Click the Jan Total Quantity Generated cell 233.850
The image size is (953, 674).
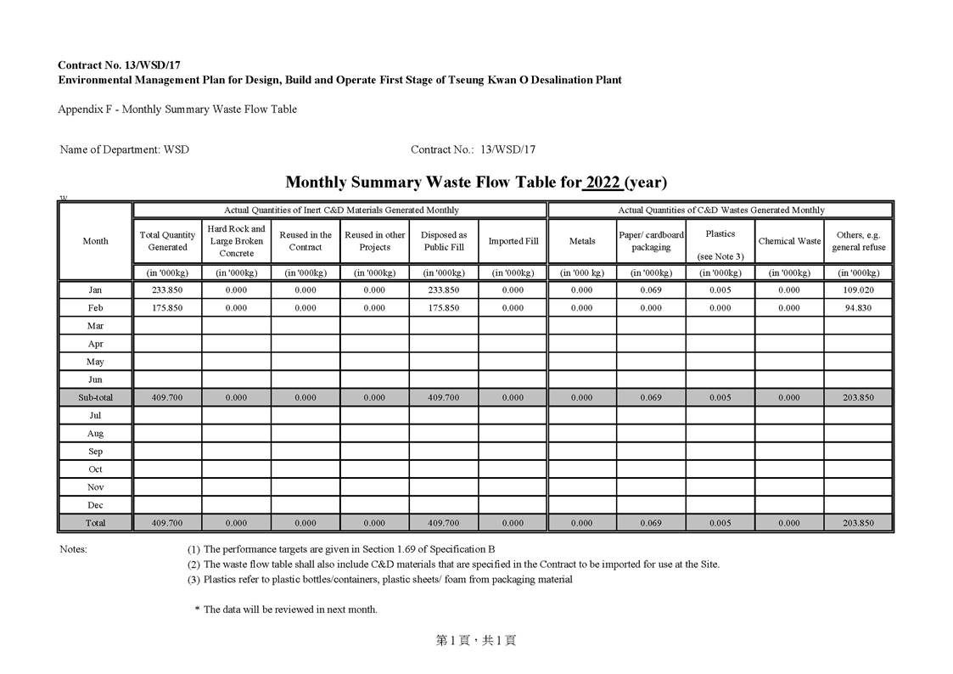pos(167,290)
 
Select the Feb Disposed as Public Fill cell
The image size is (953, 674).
pos(443,308)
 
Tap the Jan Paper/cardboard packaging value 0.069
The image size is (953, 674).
pos(651,290)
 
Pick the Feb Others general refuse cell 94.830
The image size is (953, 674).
pos(858,308)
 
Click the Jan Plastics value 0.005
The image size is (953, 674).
pos(720,290)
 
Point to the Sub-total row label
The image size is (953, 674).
pos(95,397)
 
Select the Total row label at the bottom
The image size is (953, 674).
pos(95,523)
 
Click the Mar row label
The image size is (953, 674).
pos(95,326)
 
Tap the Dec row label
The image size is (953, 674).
pos(95,505)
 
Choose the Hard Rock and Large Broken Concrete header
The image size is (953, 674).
pos(236,241)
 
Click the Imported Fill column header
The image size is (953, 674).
pos(513,241)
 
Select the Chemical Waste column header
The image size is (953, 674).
pos(789,241)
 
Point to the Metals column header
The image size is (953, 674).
pos(581,241)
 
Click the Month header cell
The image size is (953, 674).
pos(95,241)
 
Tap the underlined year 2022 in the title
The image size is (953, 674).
pos(603,183)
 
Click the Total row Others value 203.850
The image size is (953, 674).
pos(858,523)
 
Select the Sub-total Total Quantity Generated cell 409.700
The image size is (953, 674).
pos(167,397)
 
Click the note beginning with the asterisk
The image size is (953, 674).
pos(286,609)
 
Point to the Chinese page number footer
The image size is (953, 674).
pos(476,641)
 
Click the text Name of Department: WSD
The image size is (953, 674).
pos(125,149)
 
